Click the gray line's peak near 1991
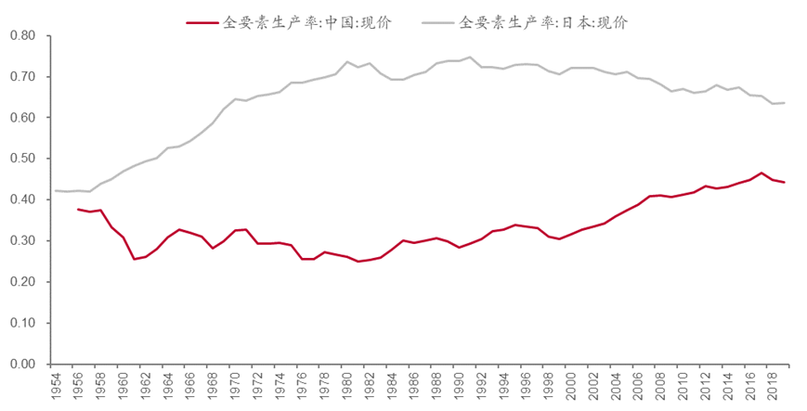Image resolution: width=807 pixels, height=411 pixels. (470, 58)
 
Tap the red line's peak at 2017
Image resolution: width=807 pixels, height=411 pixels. (761, 173)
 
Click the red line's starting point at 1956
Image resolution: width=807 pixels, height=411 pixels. (78, 210)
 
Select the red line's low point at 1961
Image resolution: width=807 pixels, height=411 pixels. (135, 259)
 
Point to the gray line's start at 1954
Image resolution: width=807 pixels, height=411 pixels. (56, 191)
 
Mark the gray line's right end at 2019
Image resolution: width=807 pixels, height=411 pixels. (785, 103)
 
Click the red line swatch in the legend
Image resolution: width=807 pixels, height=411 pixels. (202, 21)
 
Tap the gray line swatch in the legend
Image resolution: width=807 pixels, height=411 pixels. (437, 21)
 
